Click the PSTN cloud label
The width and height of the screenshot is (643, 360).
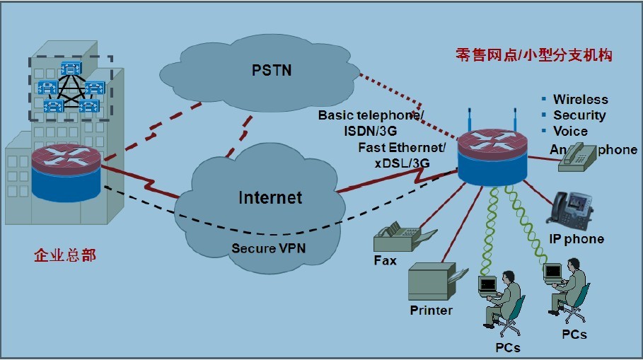pos(272,71)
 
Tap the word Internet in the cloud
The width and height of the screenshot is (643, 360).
pos(270,197)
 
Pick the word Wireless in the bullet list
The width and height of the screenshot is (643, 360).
pos(580,100)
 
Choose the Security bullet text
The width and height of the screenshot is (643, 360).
pos(579,115)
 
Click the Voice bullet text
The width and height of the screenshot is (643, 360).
pos(570,131)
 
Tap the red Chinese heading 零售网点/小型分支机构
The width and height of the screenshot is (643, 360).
pos(534,55)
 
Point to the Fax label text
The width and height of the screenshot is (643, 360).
pos(386,261)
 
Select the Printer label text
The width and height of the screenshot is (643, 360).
pos(431,310)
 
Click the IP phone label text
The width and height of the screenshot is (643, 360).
pos(577,239)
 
